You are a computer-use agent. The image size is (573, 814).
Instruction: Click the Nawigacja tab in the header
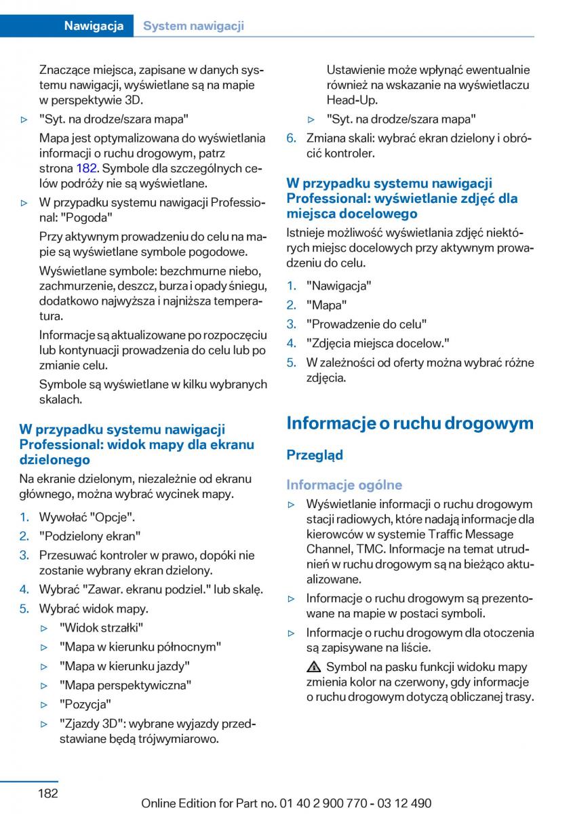[x=94, y=26]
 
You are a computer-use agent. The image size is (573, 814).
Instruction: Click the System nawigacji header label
[x=194, y=26]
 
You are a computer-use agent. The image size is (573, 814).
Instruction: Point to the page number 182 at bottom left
[x=47, y=792]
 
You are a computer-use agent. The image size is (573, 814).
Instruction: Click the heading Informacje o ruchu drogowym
[x=410, y=423]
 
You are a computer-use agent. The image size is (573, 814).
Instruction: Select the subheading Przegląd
[x=315, y=455]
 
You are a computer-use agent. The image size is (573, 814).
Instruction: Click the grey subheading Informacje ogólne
[x=344, y=485]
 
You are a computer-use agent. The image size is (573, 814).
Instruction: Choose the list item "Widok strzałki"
[x=101, y=627]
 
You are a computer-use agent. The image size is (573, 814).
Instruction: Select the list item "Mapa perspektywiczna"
[x=125, y=685]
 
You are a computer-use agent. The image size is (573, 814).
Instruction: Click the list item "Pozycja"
[x=85, y=704]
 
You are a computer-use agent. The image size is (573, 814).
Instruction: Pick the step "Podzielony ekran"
[x=90, y=536]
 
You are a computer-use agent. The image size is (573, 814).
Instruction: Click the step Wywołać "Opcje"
[x=87, y=517]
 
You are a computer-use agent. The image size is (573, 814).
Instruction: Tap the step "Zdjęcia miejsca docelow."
[x=378, y=343]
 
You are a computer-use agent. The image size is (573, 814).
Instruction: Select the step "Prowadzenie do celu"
[x=367, y=324]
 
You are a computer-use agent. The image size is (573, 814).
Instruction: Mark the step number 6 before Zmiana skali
[x=291, y=138]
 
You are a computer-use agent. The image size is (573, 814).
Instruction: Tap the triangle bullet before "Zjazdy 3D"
[x=45, y=724]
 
